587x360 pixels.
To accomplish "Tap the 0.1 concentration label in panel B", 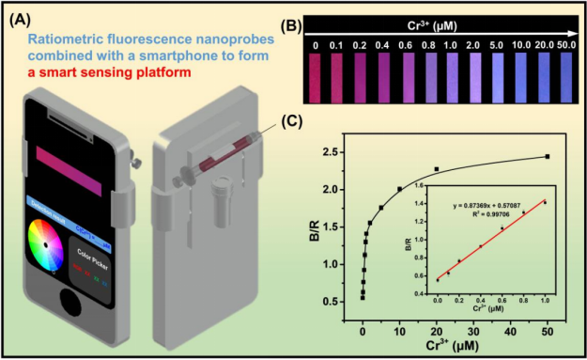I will click(x=336, y=43).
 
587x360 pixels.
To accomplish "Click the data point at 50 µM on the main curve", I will click(x=547, y=157).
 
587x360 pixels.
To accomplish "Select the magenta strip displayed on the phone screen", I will click(x=80, y=159).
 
